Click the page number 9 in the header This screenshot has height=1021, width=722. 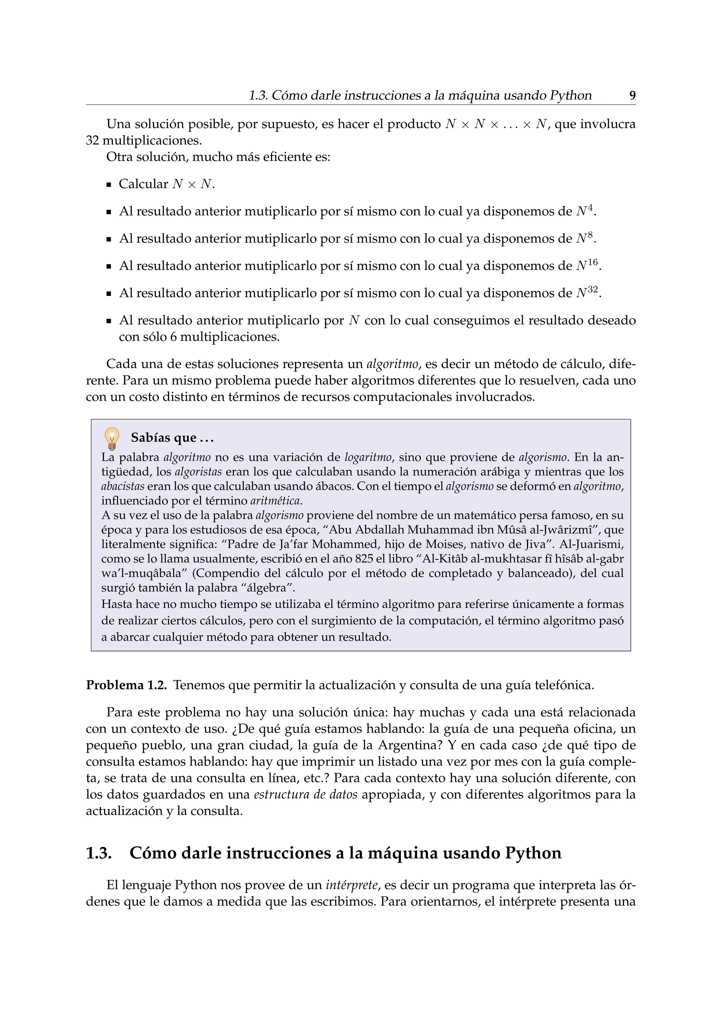tap(632, 96)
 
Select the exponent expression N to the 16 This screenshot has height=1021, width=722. tap(587, 265)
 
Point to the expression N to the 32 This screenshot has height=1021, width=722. tap(587, 293)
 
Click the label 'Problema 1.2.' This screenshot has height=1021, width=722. tap(126, 685)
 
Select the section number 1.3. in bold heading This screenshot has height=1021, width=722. tap(98, 853)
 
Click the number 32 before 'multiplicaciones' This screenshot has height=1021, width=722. tap(92, 141)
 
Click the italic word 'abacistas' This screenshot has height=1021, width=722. tap(123, 487)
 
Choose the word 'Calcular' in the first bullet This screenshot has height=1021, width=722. tap(143, 184)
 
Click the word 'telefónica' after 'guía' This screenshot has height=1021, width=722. tap(564, 685)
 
